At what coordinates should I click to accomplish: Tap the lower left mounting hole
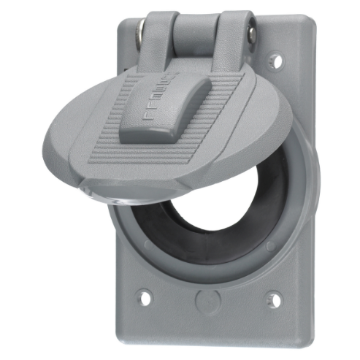point(145,297)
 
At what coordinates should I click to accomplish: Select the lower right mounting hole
point(274,298)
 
